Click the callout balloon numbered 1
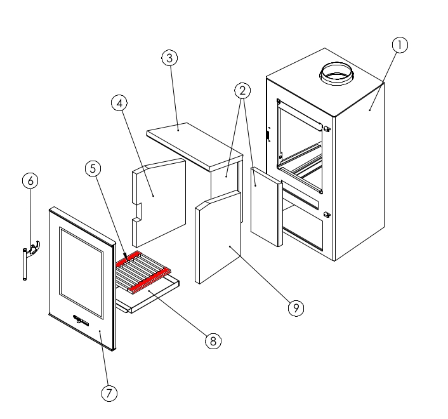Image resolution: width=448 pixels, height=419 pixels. pyautogui.click(x=399, y=45)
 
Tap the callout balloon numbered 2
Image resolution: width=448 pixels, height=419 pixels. pyautogui.click(x=242, y=91)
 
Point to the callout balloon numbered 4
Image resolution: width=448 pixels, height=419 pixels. pyautogui.click(x=119, y=103)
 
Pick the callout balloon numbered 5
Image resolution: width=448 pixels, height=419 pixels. pyautogui.click(x=93, y=169)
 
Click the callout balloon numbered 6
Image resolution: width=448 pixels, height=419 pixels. pyautogui.click(x=30, y=180)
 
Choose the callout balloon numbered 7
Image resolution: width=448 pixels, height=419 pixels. pyautogui.click(x=109, y=394)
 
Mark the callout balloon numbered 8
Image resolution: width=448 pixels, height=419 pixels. pyautogui.click(x=213, y=341)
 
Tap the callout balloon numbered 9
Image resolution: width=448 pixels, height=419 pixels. pyautogui.click(x=295, y=308)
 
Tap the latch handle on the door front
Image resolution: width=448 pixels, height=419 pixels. pyautogui.click(x=80, y=319)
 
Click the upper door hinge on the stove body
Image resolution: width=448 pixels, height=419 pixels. pyautogui.click(x=327, y=129)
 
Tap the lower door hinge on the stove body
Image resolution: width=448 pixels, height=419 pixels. pyautogui.click(x=327, y=215)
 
